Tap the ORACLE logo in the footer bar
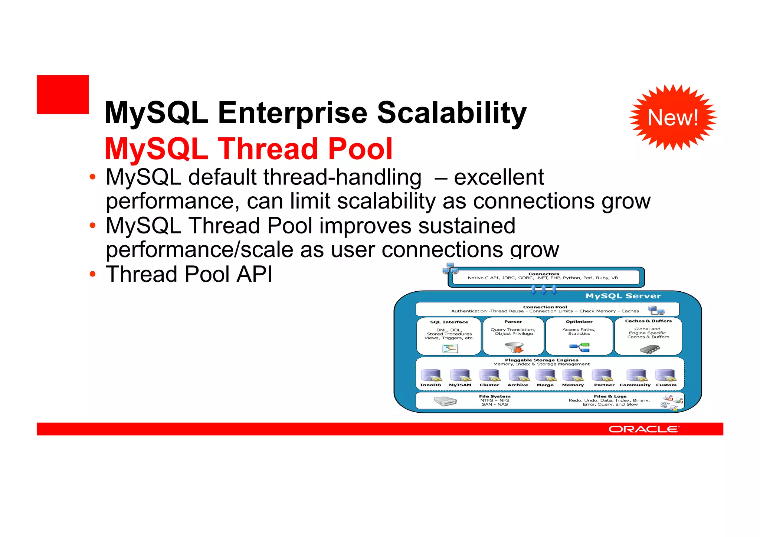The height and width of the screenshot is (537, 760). [644, 429]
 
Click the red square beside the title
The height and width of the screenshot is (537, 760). [63, 94]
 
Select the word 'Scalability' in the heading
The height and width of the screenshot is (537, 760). [452, 113]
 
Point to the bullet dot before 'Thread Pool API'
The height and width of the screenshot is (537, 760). [92, 274]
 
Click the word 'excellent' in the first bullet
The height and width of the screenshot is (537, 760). [499, 177]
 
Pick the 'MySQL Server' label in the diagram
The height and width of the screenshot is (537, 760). [623, 296]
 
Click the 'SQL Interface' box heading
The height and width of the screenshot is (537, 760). [449, 322]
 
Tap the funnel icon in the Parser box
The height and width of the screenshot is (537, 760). [514, 347]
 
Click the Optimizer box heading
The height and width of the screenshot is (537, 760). [579, 321]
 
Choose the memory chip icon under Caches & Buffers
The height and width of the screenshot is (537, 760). [650, 349]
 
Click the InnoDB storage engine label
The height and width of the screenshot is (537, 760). [430, 385]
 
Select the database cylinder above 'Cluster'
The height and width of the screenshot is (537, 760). [489, 375]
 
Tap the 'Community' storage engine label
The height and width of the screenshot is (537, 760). [635, 385]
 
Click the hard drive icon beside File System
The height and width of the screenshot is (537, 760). [445, 401]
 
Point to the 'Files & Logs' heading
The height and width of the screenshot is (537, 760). [610, 396]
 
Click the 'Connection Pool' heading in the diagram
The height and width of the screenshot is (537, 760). [545, 307]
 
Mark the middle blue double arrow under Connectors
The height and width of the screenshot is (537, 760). [544, 289]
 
